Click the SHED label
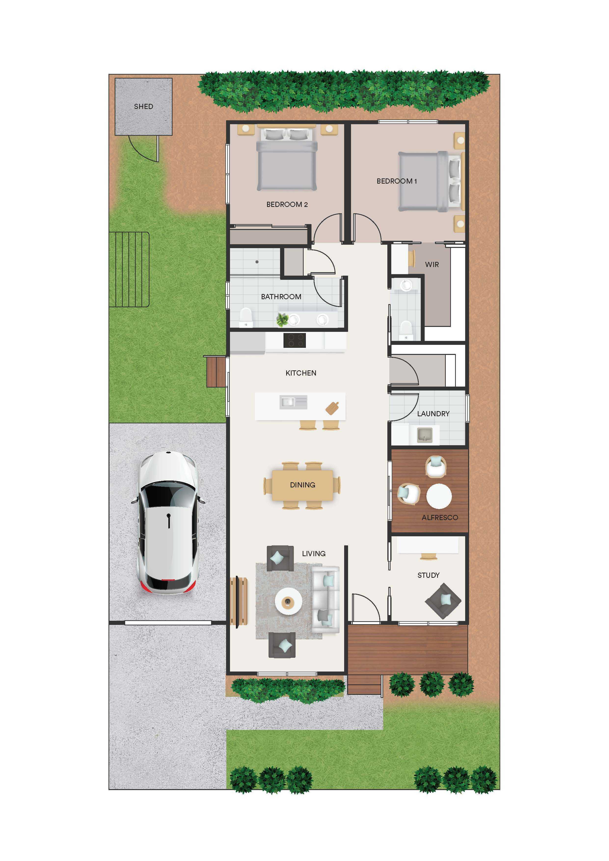144,107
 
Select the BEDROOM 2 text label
287,204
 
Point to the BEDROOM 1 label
397,181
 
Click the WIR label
432,264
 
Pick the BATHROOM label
281,297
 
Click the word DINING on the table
303,485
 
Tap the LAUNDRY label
433,414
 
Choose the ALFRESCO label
440,517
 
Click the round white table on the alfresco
439,496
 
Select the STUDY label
428,575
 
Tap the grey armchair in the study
443,601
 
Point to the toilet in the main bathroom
246,317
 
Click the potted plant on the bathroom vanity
282,320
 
